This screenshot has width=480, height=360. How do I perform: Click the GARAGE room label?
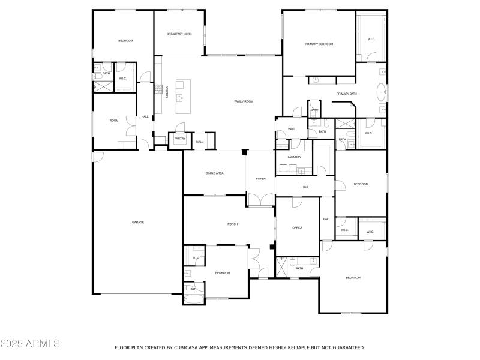point(138,223)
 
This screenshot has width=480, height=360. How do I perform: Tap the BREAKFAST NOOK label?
point(179,34)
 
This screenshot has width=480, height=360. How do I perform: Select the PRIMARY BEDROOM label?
point(319,44)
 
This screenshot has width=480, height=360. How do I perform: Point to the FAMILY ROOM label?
point(244,101)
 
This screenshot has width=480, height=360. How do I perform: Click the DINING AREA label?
point(215,173)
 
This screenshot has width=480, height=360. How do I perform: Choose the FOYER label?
point(260,179)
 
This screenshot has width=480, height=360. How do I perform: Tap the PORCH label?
point(232,224)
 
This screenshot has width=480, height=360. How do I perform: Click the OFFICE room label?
point(297,228)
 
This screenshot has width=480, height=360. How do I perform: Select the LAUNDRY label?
point(294,157)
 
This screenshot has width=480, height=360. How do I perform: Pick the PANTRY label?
point(180,139)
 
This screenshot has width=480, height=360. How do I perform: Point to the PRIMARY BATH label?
point(346,94)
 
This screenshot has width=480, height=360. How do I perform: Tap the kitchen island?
point(182,96)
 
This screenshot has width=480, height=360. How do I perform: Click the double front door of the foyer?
point(260,200)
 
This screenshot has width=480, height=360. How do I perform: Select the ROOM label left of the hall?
point(114,121)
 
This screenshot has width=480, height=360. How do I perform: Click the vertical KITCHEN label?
point(166,96)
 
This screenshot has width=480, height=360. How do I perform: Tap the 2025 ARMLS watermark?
point(30,344)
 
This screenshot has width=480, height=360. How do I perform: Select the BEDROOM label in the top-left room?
point(125,40)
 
